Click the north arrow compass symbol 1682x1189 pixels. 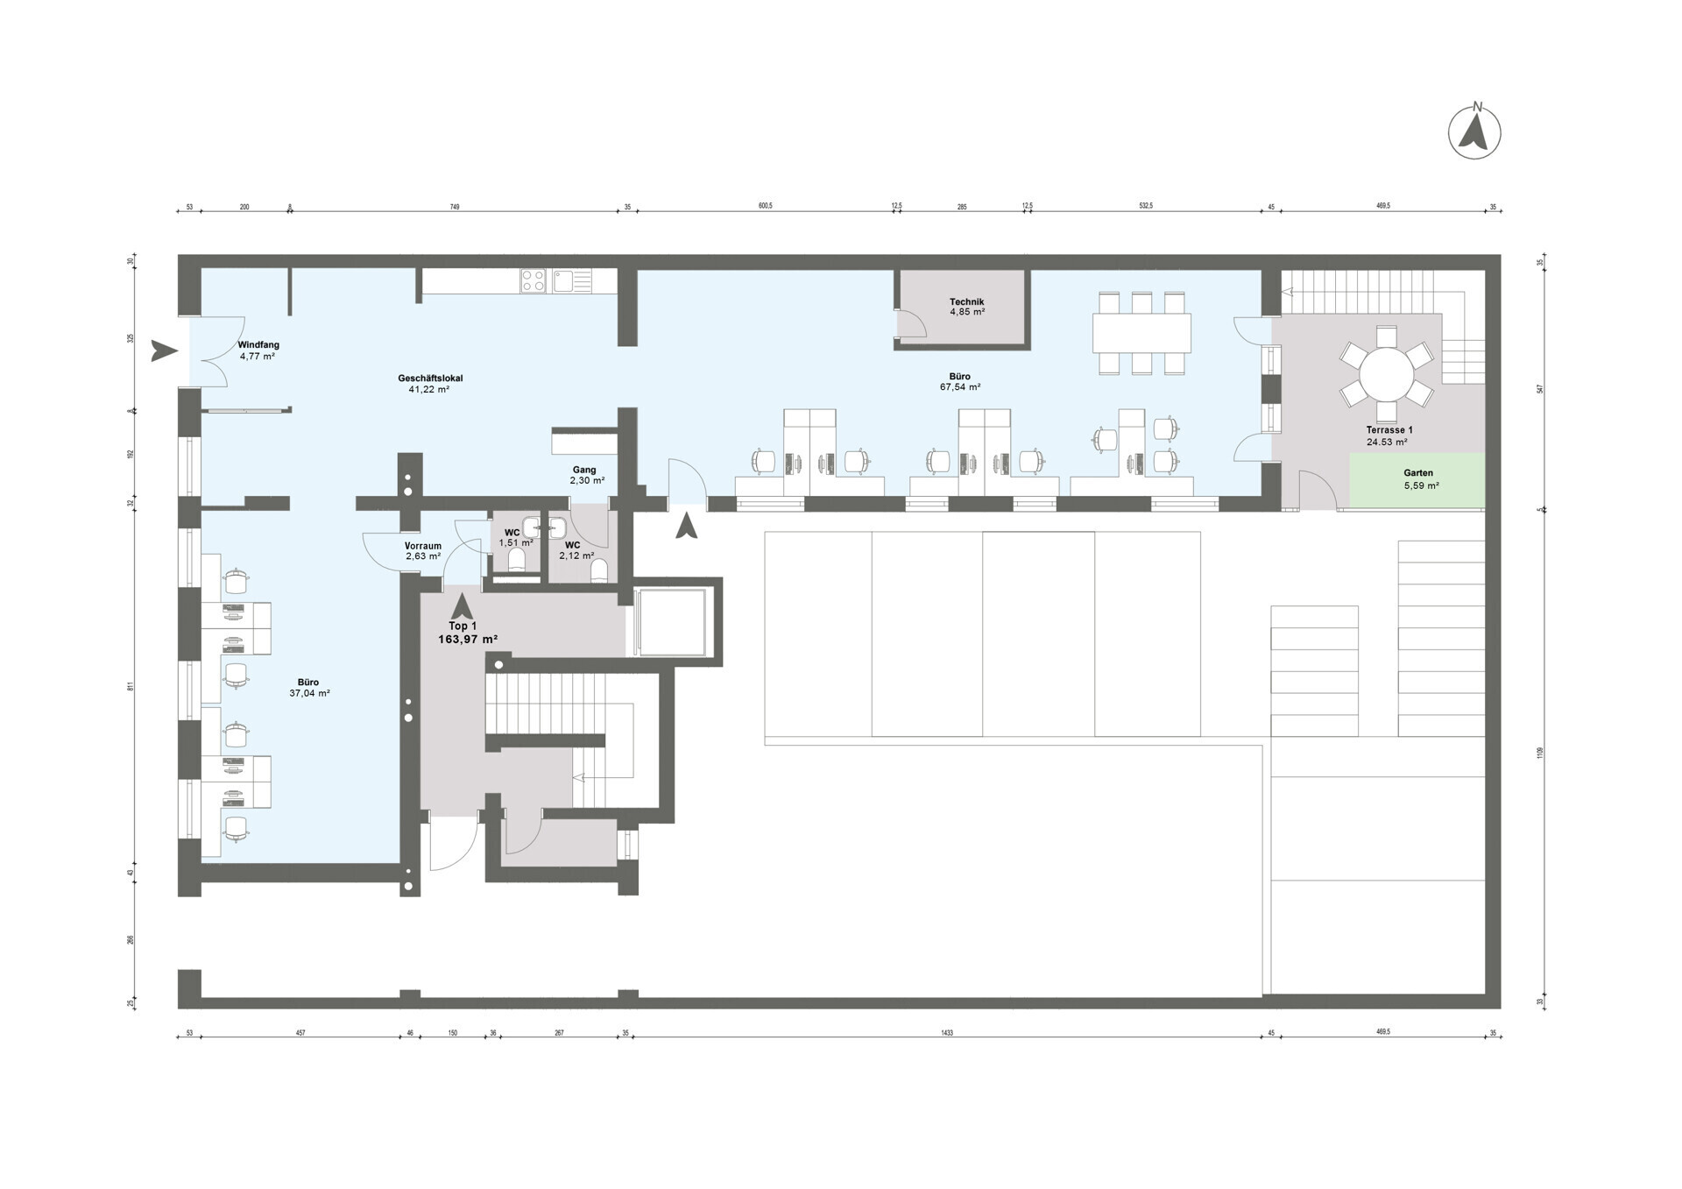[x=1474, y=133]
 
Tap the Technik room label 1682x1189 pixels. [x=966, y=301]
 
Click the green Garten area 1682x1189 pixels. [x=1417, y=479]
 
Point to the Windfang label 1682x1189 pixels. [x=258, y=345]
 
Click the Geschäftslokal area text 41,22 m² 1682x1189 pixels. [x=428, y=389]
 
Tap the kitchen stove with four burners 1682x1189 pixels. [x=534, y=280]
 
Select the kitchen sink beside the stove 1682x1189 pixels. [x=562, y=280]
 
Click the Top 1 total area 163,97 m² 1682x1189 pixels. [x=468, y=640]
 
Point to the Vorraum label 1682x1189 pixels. [x=423, y=546]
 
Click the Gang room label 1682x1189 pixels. [x=584, y=470]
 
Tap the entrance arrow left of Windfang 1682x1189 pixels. [x=163, y=350]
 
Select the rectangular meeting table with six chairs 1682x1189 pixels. [x=1141, y=333]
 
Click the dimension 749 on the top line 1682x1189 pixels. [x=455, y=207]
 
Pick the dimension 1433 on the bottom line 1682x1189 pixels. [x=946, y=1033]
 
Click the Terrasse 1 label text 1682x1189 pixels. [x=1389, y=430]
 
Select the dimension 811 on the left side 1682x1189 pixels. [x=131, y=686]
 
